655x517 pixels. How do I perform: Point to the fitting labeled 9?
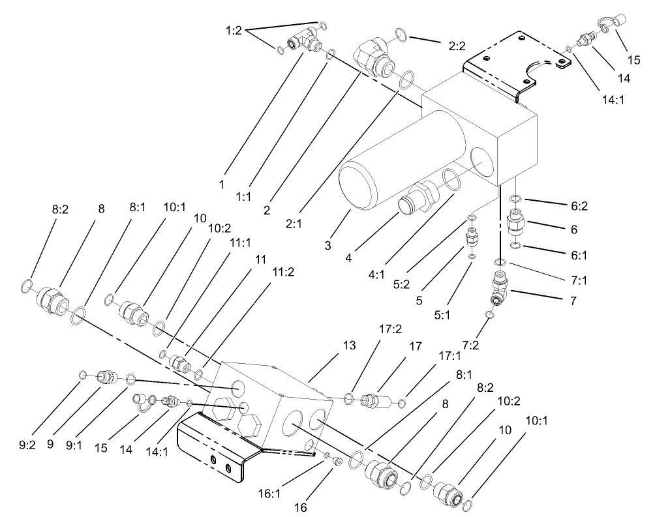(x=106, y=376)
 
